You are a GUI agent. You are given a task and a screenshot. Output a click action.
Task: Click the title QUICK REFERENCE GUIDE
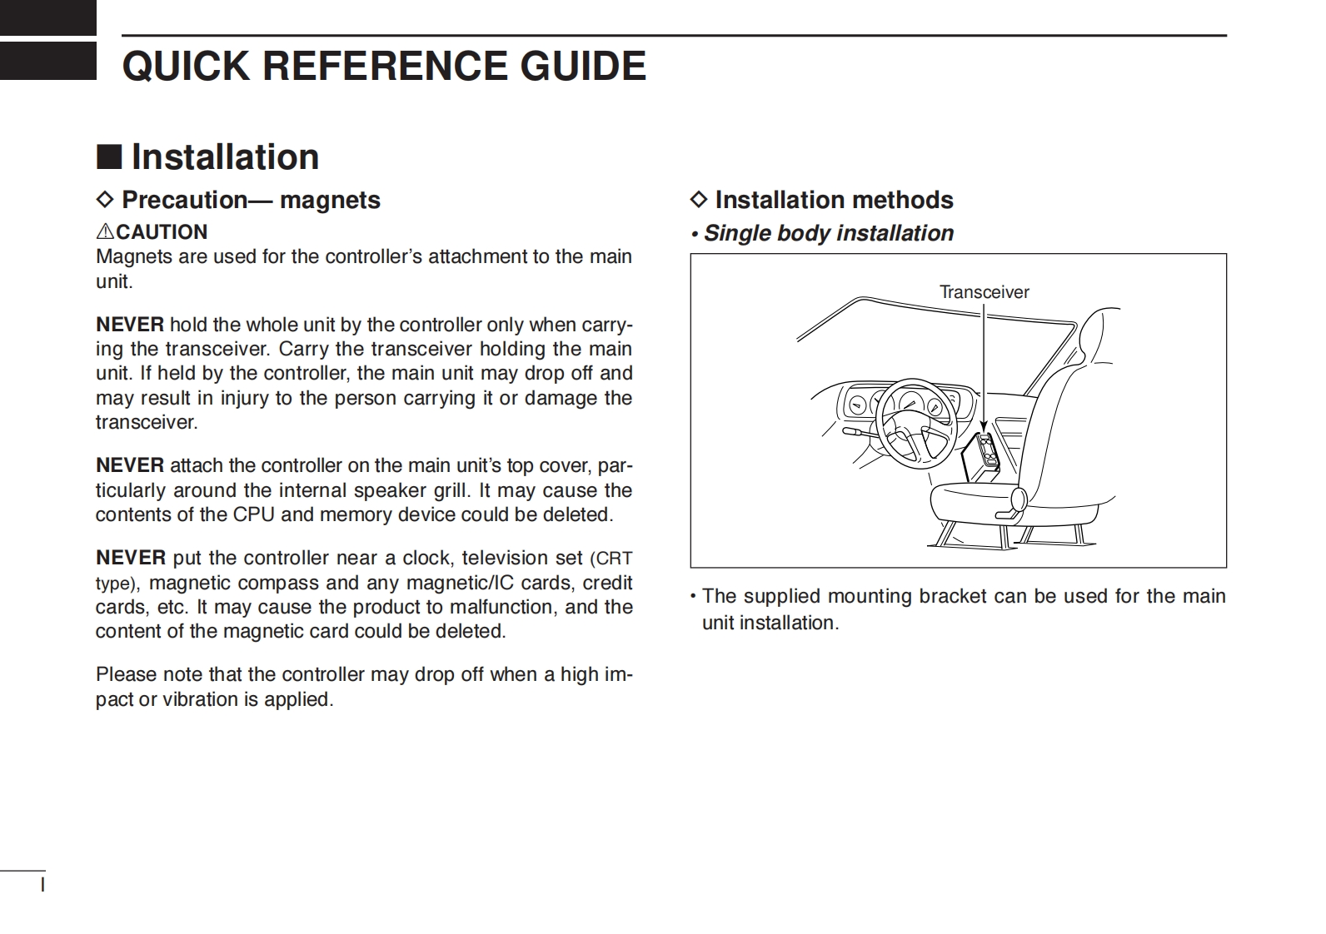click(384, 66)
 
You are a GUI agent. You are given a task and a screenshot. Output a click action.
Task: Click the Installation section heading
click(225, 157)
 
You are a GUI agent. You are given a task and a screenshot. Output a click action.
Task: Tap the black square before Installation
click(109, 156)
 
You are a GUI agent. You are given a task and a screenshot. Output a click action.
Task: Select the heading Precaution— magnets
click(251, 200)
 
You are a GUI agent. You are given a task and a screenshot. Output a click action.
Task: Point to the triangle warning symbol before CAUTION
click(105, 232)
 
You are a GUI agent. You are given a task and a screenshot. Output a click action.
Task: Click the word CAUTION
click(162, 232)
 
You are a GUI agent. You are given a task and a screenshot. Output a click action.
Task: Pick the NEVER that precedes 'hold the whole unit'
click(130, 325)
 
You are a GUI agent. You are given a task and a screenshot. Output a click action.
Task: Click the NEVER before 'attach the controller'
click(130, 465)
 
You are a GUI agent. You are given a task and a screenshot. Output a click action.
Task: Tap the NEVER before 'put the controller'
click(130, 558)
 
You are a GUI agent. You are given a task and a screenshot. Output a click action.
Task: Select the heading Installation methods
click(834, 200)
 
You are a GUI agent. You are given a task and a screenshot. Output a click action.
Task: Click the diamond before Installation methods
click(699, 200)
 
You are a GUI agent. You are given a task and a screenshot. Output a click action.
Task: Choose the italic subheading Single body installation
click(828, 233)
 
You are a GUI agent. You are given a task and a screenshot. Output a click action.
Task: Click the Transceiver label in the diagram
click(984, 292)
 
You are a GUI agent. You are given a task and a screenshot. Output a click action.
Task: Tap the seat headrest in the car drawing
click(1099, 333)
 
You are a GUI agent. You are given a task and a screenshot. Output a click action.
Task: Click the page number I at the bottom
click(42, 884)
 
